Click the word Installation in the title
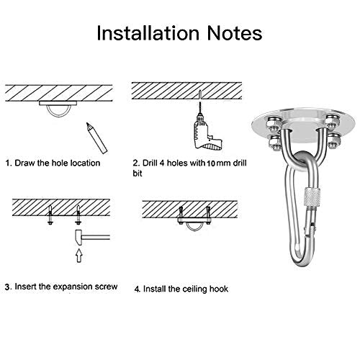click(148, 33)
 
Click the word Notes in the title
click(235, 33)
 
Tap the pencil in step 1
click(96, 138)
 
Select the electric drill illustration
click(207, 132)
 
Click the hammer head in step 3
click(78, 238)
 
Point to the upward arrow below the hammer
click(79, 256)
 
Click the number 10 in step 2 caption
click(211, 163)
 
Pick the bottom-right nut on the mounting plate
click(334, 142)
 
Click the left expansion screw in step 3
click(50, 215)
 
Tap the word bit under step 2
click(138, 174)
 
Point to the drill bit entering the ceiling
click(199, 101)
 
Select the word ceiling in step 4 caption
click(193, 289)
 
